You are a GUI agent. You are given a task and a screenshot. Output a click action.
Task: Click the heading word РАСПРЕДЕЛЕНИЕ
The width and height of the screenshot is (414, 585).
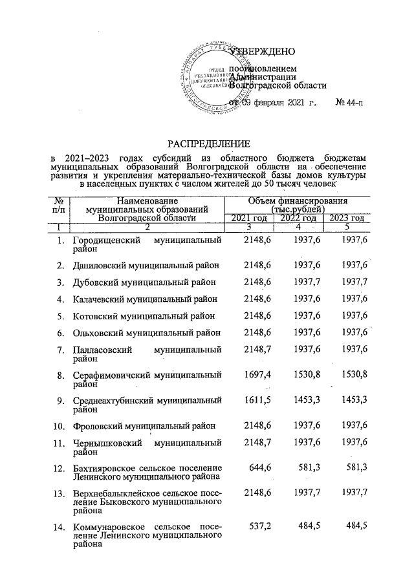click(208, 142)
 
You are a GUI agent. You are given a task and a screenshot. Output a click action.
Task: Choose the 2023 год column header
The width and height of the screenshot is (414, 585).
click(347, 218)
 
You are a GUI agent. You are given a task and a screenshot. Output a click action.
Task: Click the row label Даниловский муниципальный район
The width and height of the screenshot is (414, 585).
click(146, 265)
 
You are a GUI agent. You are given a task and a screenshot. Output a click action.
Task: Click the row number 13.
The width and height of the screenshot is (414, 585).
click(59, 495)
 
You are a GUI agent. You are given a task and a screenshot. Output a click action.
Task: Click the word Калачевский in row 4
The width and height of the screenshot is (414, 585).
click(98, 299)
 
